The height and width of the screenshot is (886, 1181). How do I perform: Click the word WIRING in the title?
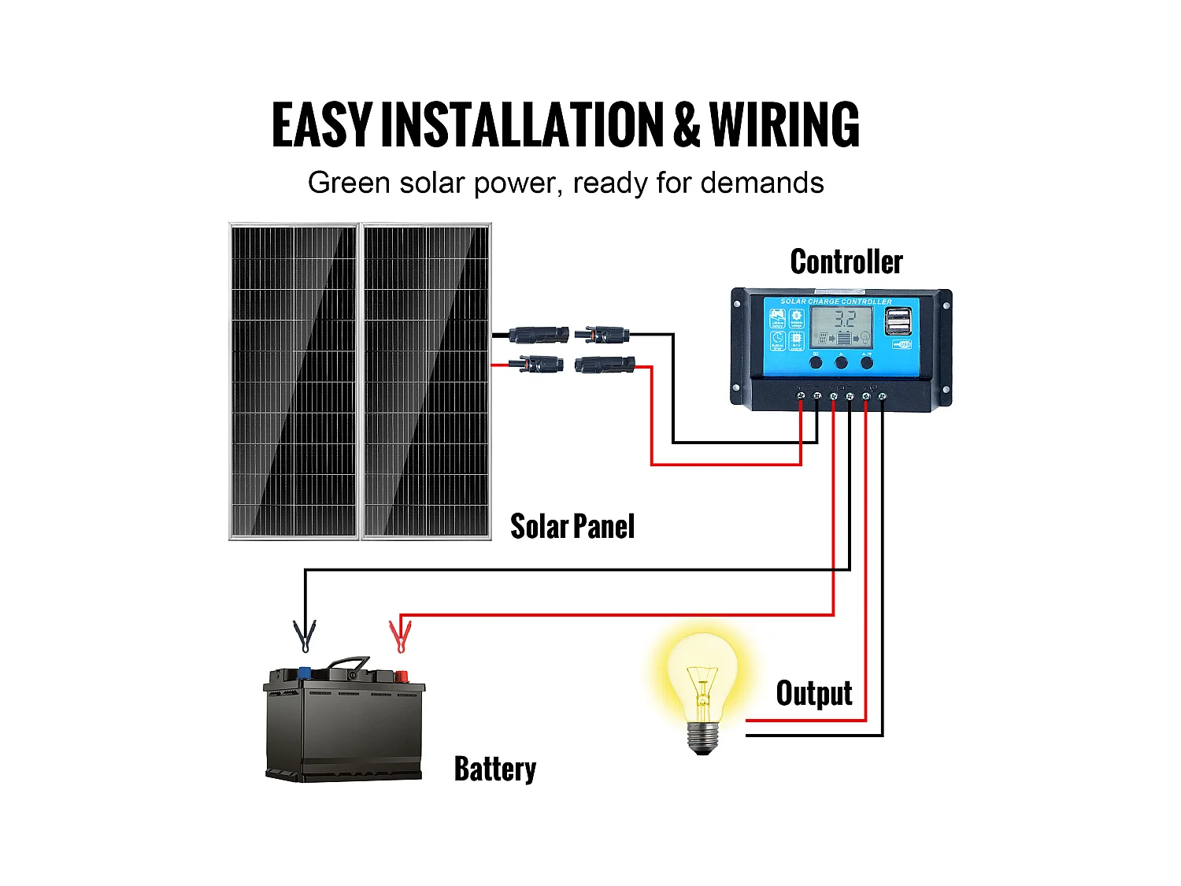tap(784, 125)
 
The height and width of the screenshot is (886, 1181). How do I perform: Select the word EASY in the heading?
tap(321, 125)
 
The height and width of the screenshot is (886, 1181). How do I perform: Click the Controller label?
tap(846, 262)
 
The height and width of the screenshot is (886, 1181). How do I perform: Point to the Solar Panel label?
tap(572, 526)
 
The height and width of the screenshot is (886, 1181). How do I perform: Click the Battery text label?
tap(495, 769)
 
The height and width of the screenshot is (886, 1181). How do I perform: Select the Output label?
tap(814, 693)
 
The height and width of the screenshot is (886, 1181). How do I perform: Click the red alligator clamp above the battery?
tap(400, 636)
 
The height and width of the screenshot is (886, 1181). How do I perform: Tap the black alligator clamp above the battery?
tap(305, 636)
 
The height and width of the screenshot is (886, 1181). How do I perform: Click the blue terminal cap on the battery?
tap(304, 673)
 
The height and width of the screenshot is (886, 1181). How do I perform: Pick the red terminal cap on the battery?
tap(401, 676)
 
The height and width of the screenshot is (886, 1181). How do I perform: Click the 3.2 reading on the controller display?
tap(844, 319)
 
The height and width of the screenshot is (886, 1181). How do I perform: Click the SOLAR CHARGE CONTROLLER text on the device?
tap(836, 302)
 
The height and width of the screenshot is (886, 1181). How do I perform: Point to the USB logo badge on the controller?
tap(902, 345)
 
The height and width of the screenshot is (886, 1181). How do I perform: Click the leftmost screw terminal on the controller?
tap(801, 395)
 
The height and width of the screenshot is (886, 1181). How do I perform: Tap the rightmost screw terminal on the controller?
tap(882, 395)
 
